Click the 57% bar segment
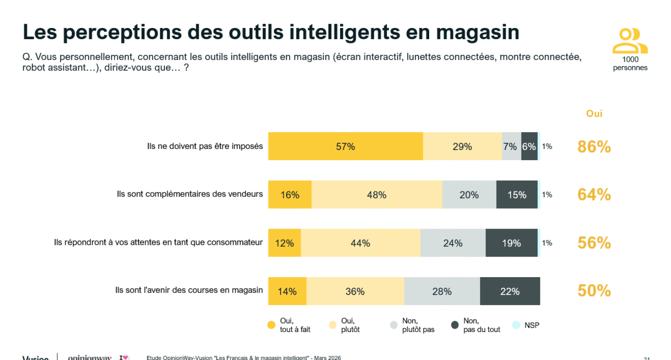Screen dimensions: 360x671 coord(345,146)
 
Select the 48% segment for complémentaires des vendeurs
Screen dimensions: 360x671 coord(377,195)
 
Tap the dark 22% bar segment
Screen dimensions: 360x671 coord(510,292)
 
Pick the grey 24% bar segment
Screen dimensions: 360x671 coord(452,243)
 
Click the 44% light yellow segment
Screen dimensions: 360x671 coord(360,243)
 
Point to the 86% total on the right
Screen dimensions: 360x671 coord(594,147)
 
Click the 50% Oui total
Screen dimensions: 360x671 coord(594,291)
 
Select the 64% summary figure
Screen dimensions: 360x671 coord(594,195)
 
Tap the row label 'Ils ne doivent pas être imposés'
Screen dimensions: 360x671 coord(205,146)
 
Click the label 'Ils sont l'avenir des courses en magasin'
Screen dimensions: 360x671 coord(189,290)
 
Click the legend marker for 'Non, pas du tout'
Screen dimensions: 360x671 coord(455,325)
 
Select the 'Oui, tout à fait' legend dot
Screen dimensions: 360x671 coord(272,325)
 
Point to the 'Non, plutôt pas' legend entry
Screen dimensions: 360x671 coord(418,325)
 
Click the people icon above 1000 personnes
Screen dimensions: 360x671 coord(630,41)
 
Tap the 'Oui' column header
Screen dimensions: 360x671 coord(594,114)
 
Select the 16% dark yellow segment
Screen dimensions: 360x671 coord(289,195)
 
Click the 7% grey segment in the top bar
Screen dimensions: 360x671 coord(511,146)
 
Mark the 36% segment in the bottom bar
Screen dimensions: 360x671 coord(355,292)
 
